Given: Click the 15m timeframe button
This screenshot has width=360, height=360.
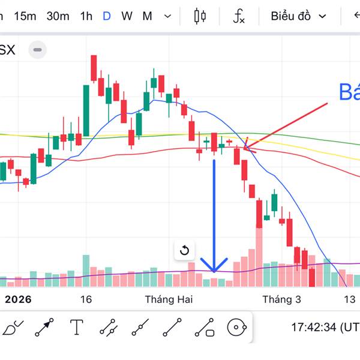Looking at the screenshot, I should coord(25,16).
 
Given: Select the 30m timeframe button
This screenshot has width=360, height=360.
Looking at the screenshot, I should coord(58,16).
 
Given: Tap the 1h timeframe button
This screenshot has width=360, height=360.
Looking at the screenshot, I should coord(86,16).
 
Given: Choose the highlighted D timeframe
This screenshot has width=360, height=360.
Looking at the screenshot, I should coord(107,16).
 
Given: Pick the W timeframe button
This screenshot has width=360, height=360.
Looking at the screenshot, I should coord(127,16).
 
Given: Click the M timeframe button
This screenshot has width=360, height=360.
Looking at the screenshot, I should coord(147,16).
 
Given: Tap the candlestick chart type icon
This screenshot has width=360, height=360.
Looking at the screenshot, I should coord(200,16).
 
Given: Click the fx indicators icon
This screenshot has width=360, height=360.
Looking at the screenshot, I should coord(239,16).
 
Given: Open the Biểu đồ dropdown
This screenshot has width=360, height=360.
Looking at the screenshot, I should coord(298,16).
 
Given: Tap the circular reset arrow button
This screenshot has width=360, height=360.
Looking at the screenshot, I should coord(185,250).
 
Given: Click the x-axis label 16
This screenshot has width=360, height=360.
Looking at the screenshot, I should coord(86,299).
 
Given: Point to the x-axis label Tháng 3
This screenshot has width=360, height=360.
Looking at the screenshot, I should coord(281,299).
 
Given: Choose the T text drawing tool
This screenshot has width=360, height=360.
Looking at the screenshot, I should coord(77,327).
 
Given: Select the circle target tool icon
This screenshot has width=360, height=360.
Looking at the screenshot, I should coord(237,327).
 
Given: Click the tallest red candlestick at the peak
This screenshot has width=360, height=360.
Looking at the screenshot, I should coord(94,68).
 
